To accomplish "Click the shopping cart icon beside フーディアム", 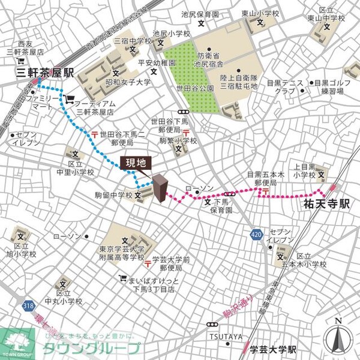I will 70,100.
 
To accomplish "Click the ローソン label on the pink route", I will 200,189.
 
